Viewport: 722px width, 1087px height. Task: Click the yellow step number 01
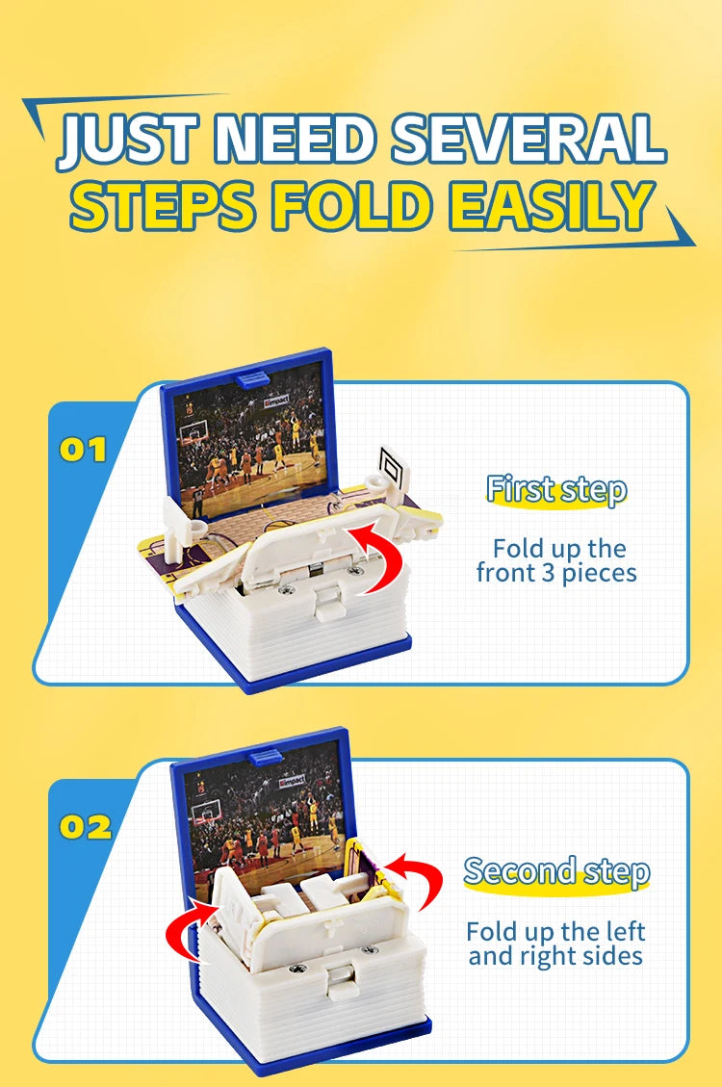83,450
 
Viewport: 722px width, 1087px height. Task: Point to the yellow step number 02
86,827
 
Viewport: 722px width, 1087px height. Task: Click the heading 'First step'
556,489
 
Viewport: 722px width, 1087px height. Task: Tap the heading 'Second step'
556,871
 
